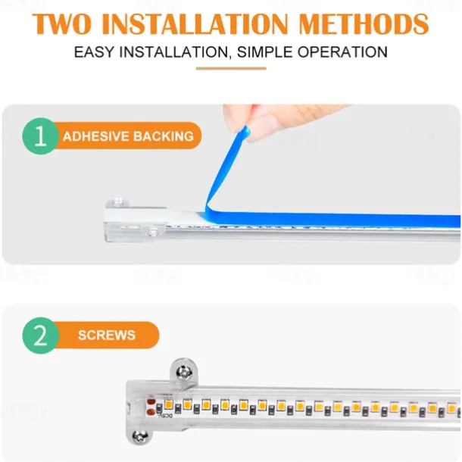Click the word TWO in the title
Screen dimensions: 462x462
tap(62, 23)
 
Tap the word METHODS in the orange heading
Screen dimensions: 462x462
tap(364, 23)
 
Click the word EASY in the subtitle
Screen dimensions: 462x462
tap(94, 52)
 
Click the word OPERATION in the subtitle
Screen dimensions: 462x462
tap(342, 52)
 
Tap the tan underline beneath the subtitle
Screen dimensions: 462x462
tap(231, 69)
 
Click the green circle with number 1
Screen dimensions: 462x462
tap(40, 136)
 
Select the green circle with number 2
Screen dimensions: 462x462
tap(40, 336)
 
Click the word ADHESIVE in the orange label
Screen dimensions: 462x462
tap(95, 136)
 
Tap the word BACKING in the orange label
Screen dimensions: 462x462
tap(164, 136)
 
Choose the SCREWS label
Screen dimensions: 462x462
tap(107, 336)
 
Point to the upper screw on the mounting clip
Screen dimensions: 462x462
tap(184, 373)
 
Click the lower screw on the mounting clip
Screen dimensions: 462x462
tap(140, 436)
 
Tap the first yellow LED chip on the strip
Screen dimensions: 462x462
tap(169, 404)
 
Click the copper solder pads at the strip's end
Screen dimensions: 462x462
tap(151, 407)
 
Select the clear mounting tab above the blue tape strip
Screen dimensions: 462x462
tap(117, 202)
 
